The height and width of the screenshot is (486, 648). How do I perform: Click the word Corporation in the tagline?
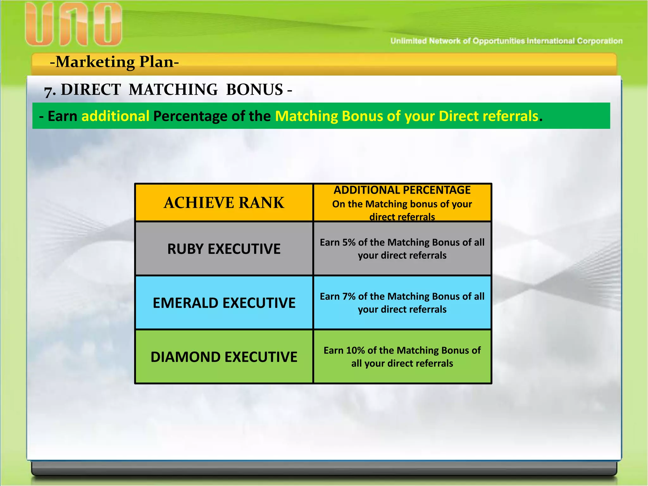600,41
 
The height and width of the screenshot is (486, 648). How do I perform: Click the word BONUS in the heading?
254,90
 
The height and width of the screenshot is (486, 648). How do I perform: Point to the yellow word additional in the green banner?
115,116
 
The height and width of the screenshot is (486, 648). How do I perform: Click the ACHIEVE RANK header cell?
224,203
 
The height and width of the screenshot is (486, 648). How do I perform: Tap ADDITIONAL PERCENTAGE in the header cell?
402,190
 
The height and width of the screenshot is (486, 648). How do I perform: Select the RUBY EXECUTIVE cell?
224,249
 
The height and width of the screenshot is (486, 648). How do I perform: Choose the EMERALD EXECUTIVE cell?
224,303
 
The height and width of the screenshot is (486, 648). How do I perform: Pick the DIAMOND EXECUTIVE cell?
224,357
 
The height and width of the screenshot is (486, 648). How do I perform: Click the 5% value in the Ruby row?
349,242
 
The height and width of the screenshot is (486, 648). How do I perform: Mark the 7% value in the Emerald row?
349,296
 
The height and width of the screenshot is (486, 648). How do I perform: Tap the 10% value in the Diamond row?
355,351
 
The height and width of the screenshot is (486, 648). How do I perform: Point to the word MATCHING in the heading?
173,90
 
